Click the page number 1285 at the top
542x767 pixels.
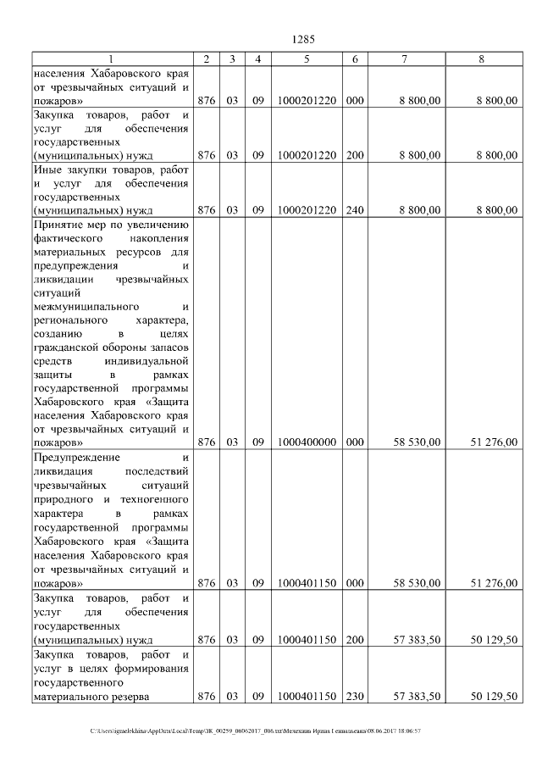pyautogui.click(x=302, y=39)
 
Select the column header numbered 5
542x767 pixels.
pyautogui.click(x=307, y=58)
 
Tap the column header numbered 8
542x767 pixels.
pyautogui.click(x=481, y=58)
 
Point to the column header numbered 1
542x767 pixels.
pyautogui.click(x=112, y=58)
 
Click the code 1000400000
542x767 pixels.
pyautogui.click(x=307, y=442)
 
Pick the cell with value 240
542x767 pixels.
pyautogui.click(x=355, y=209)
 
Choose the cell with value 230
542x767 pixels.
pyautogui.click(x=355, y=696)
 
